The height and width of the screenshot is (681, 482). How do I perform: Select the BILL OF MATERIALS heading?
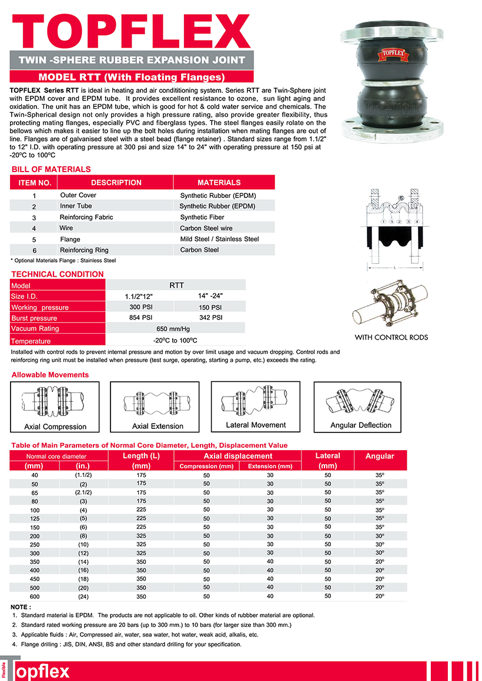tap(51, 169)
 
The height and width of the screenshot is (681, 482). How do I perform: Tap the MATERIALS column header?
tap(219, 183)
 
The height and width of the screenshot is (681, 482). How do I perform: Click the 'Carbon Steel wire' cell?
tap(206, 228)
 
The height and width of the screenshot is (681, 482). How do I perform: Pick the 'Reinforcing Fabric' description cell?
tap(86, 217)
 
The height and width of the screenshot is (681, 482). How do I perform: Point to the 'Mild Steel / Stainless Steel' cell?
tap(219, 239)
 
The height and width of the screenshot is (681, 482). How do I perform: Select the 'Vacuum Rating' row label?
tap(35, 328)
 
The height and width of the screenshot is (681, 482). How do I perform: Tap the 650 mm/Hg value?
tap(175, 329)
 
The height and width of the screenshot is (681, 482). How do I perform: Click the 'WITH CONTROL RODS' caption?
tap(391, 337)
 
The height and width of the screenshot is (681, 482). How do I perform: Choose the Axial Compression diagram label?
tap(55, 427)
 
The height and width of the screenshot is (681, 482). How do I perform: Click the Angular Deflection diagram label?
tap(361, 425)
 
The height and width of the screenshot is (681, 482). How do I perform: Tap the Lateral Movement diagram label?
tap(256, 425)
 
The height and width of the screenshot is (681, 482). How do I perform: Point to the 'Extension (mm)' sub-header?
tap(270, 467)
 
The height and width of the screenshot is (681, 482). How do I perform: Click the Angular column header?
tap(380, 456)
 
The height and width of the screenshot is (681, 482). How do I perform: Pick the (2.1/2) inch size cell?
tap(83, 492)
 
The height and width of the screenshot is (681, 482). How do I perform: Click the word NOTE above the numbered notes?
tap(21, 606)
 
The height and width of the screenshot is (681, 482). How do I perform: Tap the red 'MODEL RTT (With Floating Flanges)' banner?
tap(132, 77)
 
